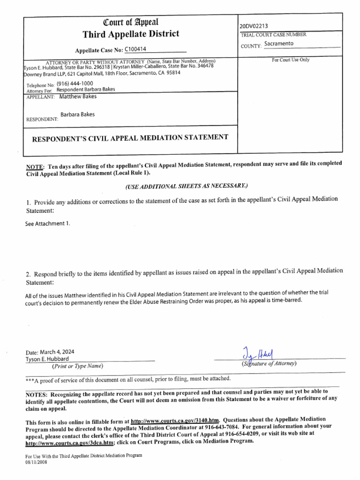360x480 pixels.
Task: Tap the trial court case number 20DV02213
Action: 254,26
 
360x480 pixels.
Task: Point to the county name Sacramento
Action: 279,44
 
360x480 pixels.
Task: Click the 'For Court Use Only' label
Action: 290,60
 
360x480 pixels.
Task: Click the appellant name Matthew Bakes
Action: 78,97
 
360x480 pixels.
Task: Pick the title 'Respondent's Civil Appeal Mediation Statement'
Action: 130,137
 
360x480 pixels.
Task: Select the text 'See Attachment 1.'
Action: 47,224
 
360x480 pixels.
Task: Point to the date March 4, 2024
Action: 50,352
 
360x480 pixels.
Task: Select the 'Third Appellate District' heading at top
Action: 131,34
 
